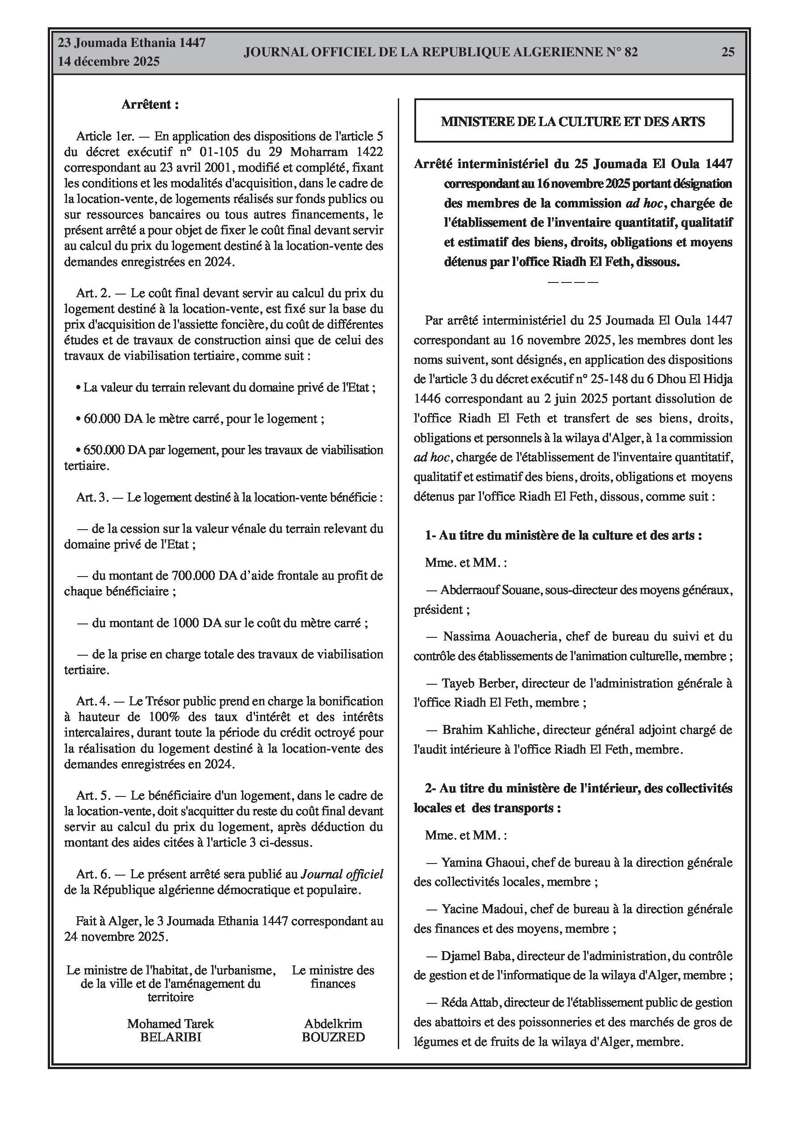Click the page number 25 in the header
728,52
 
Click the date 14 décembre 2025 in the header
108,62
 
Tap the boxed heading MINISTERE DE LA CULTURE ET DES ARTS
573,122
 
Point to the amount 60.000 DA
113,419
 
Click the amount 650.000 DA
115,450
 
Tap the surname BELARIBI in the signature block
171,1037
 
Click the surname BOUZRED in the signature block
333,1037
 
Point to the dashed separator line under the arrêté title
572,282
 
